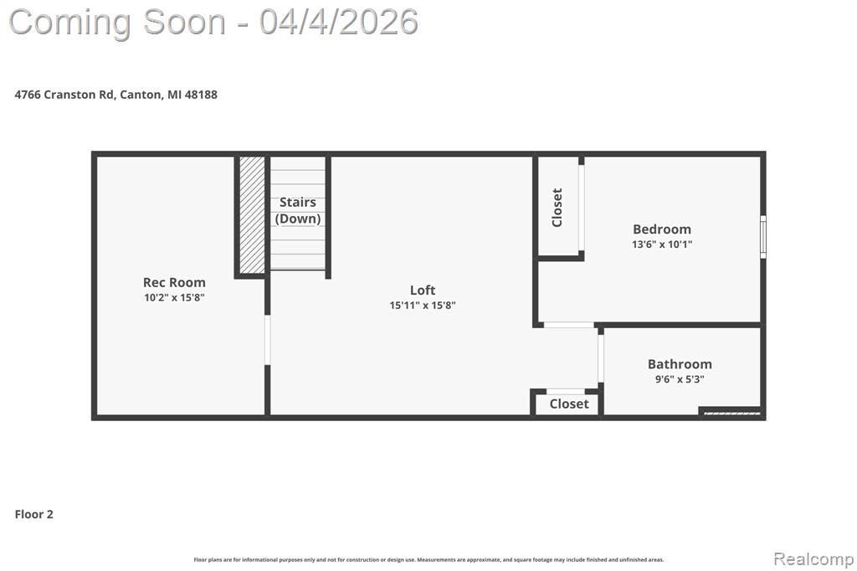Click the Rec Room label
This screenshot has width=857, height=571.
174,282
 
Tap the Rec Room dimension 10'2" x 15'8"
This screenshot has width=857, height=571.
174,297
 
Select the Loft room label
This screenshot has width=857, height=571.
423,291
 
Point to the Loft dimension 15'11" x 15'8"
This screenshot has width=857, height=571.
423,306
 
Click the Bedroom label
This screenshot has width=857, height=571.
662,229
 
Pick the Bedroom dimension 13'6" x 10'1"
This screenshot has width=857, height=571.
662,244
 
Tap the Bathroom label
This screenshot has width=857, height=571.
680,364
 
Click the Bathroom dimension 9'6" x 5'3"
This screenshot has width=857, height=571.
680,378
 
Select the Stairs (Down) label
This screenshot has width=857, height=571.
298,210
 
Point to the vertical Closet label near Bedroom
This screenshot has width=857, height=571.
557,207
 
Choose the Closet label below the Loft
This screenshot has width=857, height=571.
569,404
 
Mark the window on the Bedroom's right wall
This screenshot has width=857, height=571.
762,237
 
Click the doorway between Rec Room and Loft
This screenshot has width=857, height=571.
267,339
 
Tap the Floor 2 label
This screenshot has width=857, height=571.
34,514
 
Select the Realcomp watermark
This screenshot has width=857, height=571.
813,558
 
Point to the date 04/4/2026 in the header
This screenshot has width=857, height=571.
338,21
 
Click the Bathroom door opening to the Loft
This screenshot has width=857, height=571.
601,358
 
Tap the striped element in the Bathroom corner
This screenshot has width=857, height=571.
731,411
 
